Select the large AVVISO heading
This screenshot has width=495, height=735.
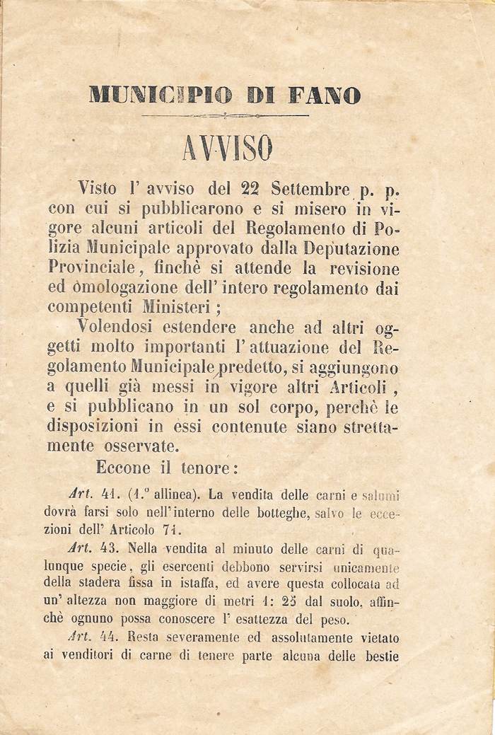click(x=226, y=148)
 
